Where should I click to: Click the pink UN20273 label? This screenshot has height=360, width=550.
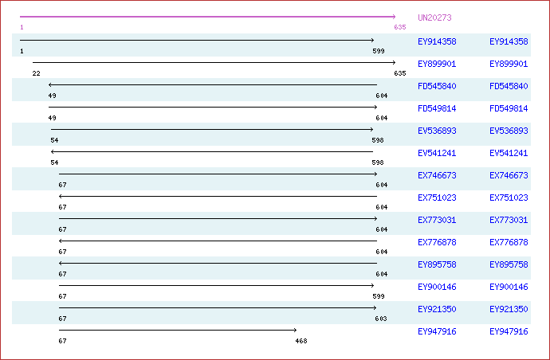tap(434, 18)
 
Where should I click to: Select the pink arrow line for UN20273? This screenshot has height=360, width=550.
tap(207, 17)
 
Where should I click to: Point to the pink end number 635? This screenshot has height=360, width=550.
tap(400, 28)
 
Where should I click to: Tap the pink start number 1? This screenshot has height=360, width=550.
tap(22, 28)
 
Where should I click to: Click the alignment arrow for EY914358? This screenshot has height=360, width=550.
tap(197, 40)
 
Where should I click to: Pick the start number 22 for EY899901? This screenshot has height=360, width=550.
tap(37, 73)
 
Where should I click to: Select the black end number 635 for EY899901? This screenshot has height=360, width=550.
tap(400, 73)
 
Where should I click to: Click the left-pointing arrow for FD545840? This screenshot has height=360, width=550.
tap(213, 84)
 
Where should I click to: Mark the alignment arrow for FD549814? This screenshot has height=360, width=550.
tap(213, 107)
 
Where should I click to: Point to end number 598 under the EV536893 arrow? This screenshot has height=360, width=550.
tap(378, 140)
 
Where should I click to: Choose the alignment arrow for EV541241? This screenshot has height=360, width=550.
tap(211, 151)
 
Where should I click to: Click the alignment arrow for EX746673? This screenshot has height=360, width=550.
tap(218, 174)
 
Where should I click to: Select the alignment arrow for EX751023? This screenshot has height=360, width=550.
tap(218, 196)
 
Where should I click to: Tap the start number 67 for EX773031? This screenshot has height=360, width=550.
tap(62, 229)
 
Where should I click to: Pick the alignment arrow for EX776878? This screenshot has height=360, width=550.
tap(218, 241)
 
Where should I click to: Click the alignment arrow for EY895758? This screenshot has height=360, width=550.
tap(218, 263)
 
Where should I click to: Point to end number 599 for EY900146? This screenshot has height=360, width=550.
tap(379, 296)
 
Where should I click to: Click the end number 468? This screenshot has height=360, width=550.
tap(301, 341)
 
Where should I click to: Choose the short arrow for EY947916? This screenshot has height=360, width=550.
tap(177, 330)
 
